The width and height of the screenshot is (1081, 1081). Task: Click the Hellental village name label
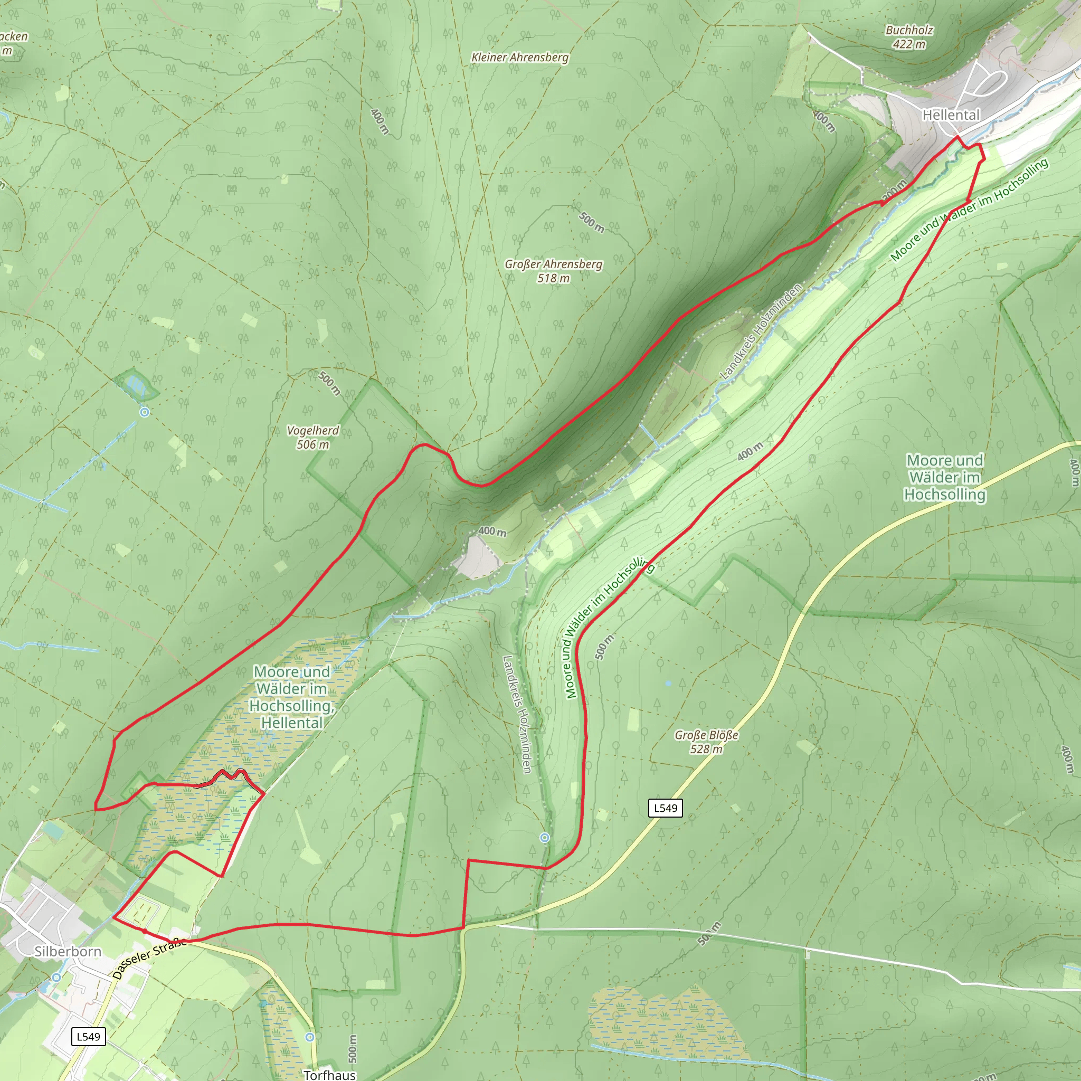(951, 115)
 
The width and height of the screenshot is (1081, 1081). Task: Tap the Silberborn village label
(68, 951)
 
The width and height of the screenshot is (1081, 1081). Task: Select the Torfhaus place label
(329, 1074)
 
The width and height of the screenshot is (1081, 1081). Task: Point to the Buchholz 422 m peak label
(909, 37)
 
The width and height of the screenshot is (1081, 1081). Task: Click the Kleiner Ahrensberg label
(520, 57)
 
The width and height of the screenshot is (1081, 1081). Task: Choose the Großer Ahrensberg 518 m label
(553, 271)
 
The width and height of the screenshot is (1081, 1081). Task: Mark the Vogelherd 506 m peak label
(313, 437)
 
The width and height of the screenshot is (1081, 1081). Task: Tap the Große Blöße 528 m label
(706, 742)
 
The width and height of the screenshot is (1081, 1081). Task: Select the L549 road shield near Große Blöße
(665, 808)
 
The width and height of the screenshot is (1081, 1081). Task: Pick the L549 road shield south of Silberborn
(88, 1037)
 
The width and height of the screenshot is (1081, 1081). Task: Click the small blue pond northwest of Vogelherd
(136, 384)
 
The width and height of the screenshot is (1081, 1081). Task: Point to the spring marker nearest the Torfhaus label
(310, 1037)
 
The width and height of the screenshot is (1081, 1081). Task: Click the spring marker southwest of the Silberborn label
(56, 977)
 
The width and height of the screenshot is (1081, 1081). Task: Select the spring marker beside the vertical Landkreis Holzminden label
(544, 838)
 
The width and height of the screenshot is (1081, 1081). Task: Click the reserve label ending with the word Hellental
(291, 697)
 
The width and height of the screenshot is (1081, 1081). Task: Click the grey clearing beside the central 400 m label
(476, 557)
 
